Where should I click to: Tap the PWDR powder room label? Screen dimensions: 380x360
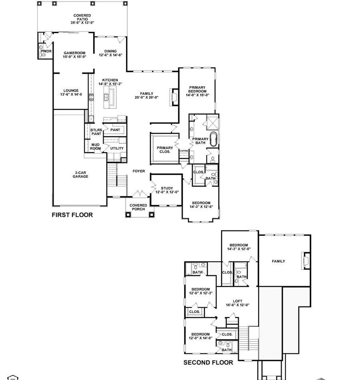[x=46, y=51]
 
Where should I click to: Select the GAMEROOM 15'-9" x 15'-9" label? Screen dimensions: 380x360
[x=75, y=55]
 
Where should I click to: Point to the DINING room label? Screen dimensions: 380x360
[x=110, y=53]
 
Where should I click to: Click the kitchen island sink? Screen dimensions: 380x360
[x=107, y=96]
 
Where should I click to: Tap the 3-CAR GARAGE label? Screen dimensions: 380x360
[x=80, y=174]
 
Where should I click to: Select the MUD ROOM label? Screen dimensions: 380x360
[x=96, y=147]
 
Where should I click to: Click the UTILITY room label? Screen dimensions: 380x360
[x=117, y=148]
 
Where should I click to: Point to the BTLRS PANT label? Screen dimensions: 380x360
[x=96, y=132]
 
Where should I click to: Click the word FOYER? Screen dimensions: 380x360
[x=139, y=171]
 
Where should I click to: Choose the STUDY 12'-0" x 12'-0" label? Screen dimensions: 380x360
[x=167, y=190]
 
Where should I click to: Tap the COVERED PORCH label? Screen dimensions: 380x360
[x=138, y=207]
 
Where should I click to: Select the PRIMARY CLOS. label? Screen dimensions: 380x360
[x=164, y=149]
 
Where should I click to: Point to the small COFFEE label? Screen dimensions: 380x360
[x=184, y=151]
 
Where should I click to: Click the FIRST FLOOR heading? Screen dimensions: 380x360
[x=72, y=215]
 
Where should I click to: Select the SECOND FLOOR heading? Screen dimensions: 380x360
[x=208, y=363]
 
